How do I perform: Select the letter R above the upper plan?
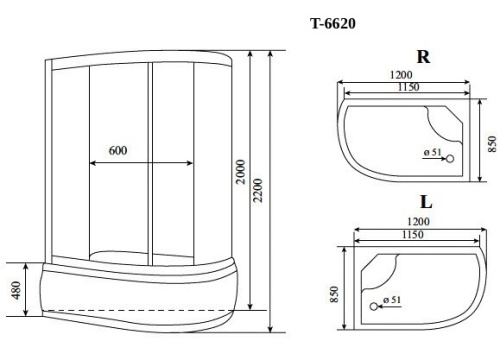coord(423,57)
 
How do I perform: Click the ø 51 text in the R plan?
coord(432,152)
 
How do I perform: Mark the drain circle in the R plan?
coord(449,157)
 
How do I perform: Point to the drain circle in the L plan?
coord(378,305)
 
